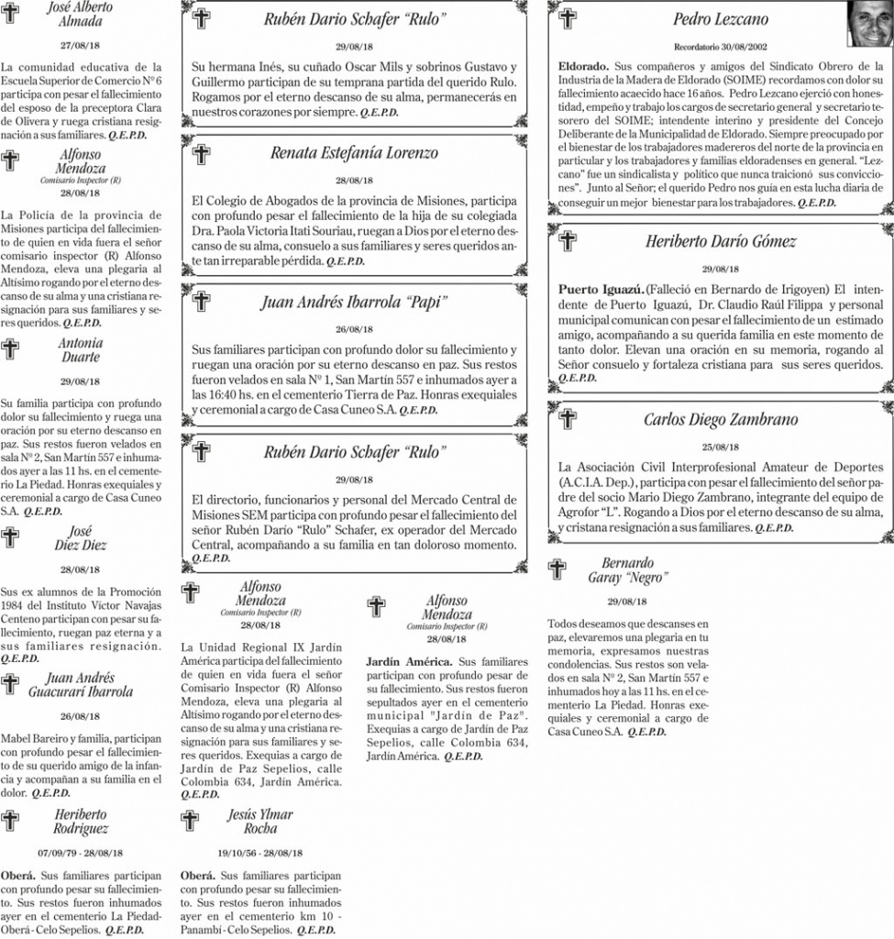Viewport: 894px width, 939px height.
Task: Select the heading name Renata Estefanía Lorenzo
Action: (x=354, y=153)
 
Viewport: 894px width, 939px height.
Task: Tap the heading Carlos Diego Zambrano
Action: (x=720, y=420)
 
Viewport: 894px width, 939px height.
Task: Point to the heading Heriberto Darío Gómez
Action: (x=720, y=242)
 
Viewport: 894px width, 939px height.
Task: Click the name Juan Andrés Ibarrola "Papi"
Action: (x=354, y=302)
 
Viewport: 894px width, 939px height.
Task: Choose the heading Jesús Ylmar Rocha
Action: (x=260, y=821)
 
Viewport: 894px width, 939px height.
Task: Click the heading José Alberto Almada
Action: (x=80, y=13)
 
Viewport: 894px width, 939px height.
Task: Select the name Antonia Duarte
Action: (x=80, y=350)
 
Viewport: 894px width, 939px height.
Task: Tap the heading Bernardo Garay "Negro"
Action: (x=628, y=569)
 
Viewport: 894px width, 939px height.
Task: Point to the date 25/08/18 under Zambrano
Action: (x=720, y=447)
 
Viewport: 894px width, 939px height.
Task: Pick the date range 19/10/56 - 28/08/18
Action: (x=260, y=852)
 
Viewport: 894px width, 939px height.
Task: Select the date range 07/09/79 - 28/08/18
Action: (x=80, y=852)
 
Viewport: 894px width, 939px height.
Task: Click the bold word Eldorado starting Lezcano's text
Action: (x=583, y=68)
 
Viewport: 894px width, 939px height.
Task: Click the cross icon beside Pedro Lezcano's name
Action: (x=568, y=18)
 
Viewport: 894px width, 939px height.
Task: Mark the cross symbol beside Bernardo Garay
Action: (x=557, y=569)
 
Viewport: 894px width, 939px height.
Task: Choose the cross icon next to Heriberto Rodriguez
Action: (x=11, y=820)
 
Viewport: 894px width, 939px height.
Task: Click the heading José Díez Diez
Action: (x=80, y=538)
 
